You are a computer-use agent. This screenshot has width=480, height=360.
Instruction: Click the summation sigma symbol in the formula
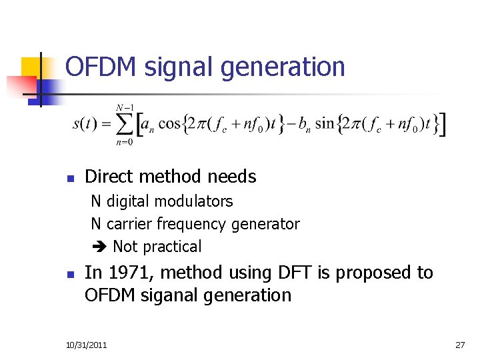124,126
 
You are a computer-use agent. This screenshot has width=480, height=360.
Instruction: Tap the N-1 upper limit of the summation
124,107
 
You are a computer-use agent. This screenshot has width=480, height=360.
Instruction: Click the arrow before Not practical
97,247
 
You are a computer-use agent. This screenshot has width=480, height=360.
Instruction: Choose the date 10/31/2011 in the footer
87,345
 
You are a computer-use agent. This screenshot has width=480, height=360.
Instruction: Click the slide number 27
459,345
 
